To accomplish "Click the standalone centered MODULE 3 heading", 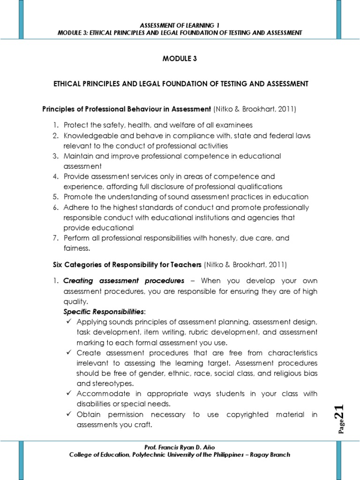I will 180,60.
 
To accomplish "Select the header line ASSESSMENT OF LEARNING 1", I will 180,24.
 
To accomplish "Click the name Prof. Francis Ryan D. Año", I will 180,447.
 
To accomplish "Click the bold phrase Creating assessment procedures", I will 124,281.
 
